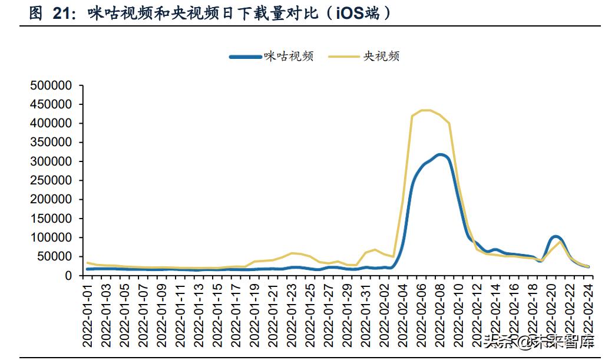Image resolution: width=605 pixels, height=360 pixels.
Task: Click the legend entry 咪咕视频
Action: [288, 57]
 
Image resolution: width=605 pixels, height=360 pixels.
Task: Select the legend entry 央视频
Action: [381, 57]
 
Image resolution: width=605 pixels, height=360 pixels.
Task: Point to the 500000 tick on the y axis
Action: [51, 85]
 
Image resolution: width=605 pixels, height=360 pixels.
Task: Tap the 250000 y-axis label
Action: [51, 180]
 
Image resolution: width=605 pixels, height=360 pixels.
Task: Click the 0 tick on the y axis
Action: [68, 276]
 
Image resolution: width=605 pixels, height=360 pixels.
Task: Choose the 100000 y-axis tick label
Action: [51, 237]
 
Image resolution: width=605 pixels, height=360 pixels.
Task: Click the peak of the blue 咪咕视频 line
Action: [441, 155]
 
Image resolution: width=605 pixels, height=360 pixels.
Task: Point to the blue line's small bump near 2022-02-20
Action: [555, 237]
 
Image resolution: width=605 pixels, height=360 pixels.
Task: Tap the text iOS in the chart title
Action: [351, 13]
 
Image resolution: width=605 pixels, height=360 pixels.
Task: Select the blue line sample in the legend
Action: [244, 57]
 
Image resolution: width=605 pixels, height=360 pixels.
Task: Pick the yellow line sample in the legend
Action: [344, 57]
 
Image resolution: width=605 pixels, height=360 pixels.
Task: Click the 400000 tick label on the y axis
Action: [51, 123]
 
